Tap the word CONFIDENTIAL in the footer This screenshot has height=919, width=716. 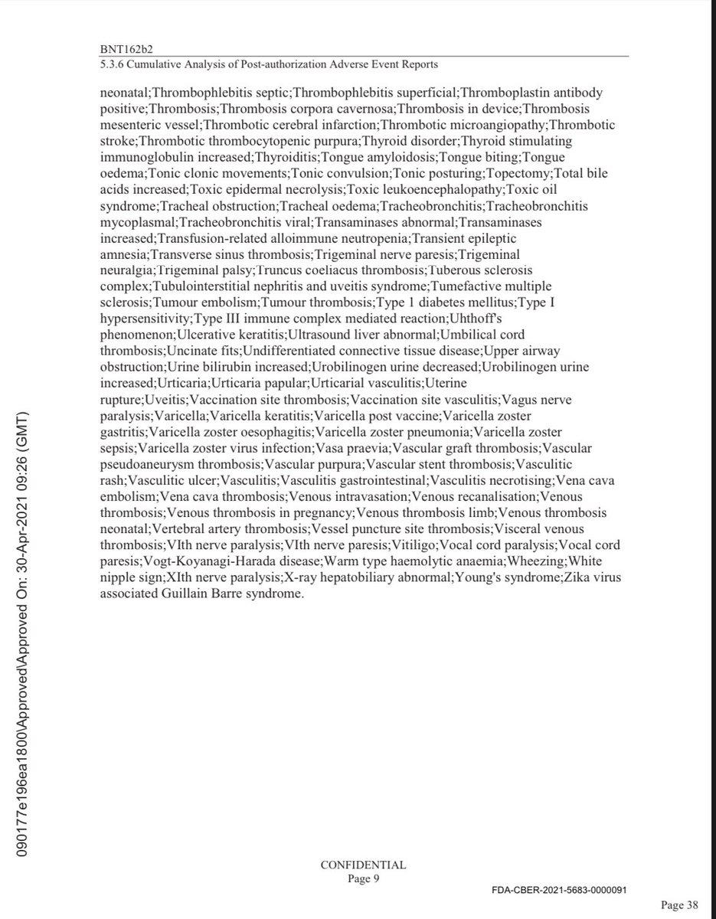point(363,865)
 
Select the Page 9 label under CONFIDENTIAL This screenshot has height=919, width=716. point(363,878)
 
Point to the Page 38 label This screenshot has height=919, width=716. point(680,905)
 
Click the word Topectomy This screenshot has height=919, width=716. point(521,174)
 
